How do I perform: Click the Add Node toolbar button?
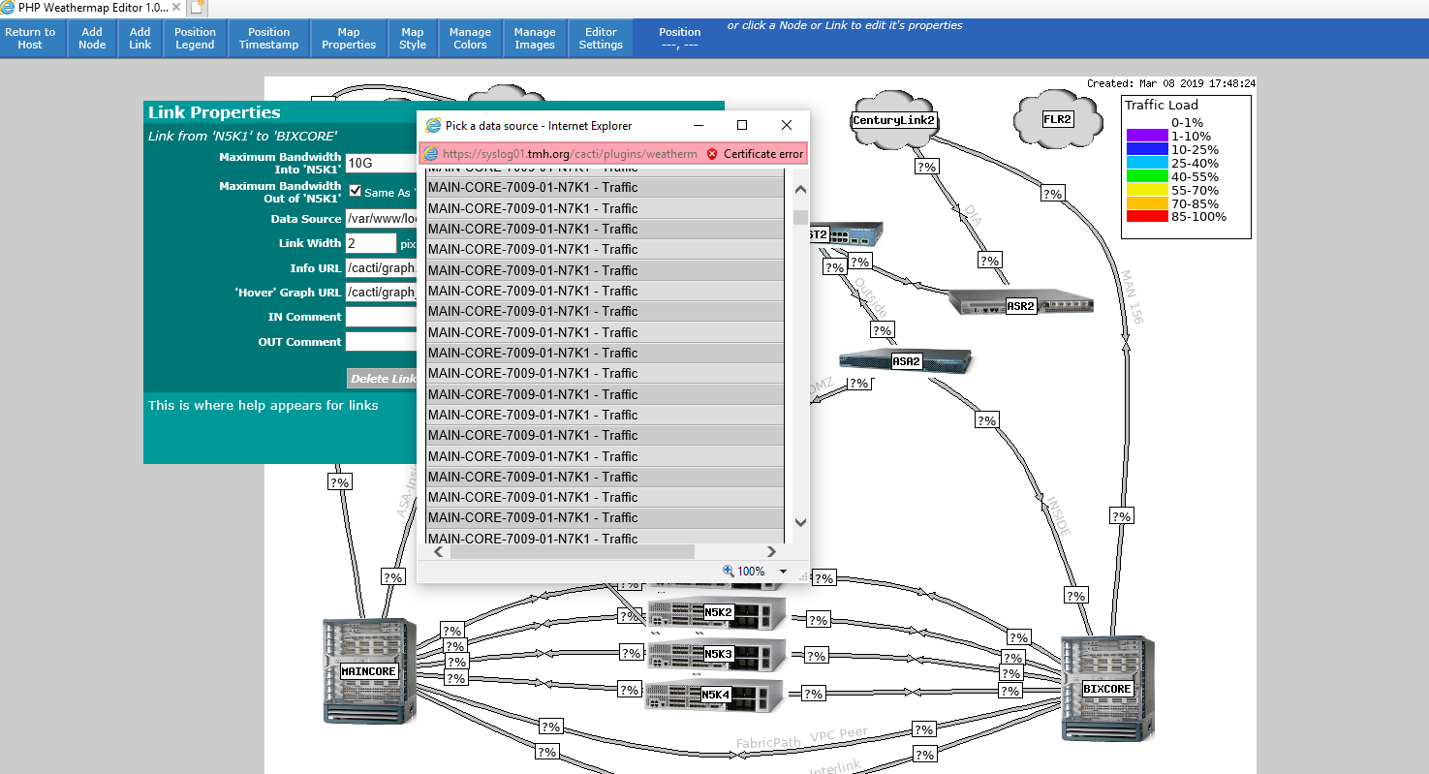pyautogui.click(x=92, y=39)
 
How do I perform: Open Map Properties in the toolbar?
pyautogui.click(x=349, y=39)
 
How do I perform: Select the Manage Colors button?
pyautogui.click(x=470, y=39)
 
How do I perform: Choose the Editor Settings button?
pyautogui.click(x=601, y=39)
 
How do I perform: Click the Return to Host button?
pyautogui.click(x=30, y=39)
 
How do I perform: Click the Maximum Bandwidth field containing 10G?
pyautogui.click(x=381, y=163)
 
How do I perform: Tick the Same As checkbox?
pyautogui.click(x=355, y=192)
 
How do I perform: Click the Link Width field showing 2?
pyautogui.click(x=371, y=243)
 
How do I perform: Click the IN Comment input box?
pyautogui.click(x=381, y=317)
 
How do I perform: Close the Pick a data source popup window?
pyautogui.click(x=787, y=125)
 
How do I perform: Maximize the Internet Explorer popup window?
pyautogui.click(x=742, y=125)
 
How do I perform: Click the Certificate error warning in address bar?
pyautogui.click(x=755, y=153)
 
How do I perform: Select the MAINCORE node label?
pyautogui.click(x=368, y=671)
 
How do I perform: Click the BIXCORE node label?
pyautogui.click(x=1106, y=689)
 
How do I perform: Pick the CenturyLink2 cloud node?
pyautogui.click(x=892, y=120)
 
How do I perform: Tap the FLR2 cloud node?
pyautogui.click(x=1057, y=120)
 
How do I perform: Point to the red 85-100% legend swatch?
pyautogui.click(x=1147, y=217)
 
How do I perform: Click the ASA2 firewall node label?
pyautogui.click(x=906, y=361)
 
